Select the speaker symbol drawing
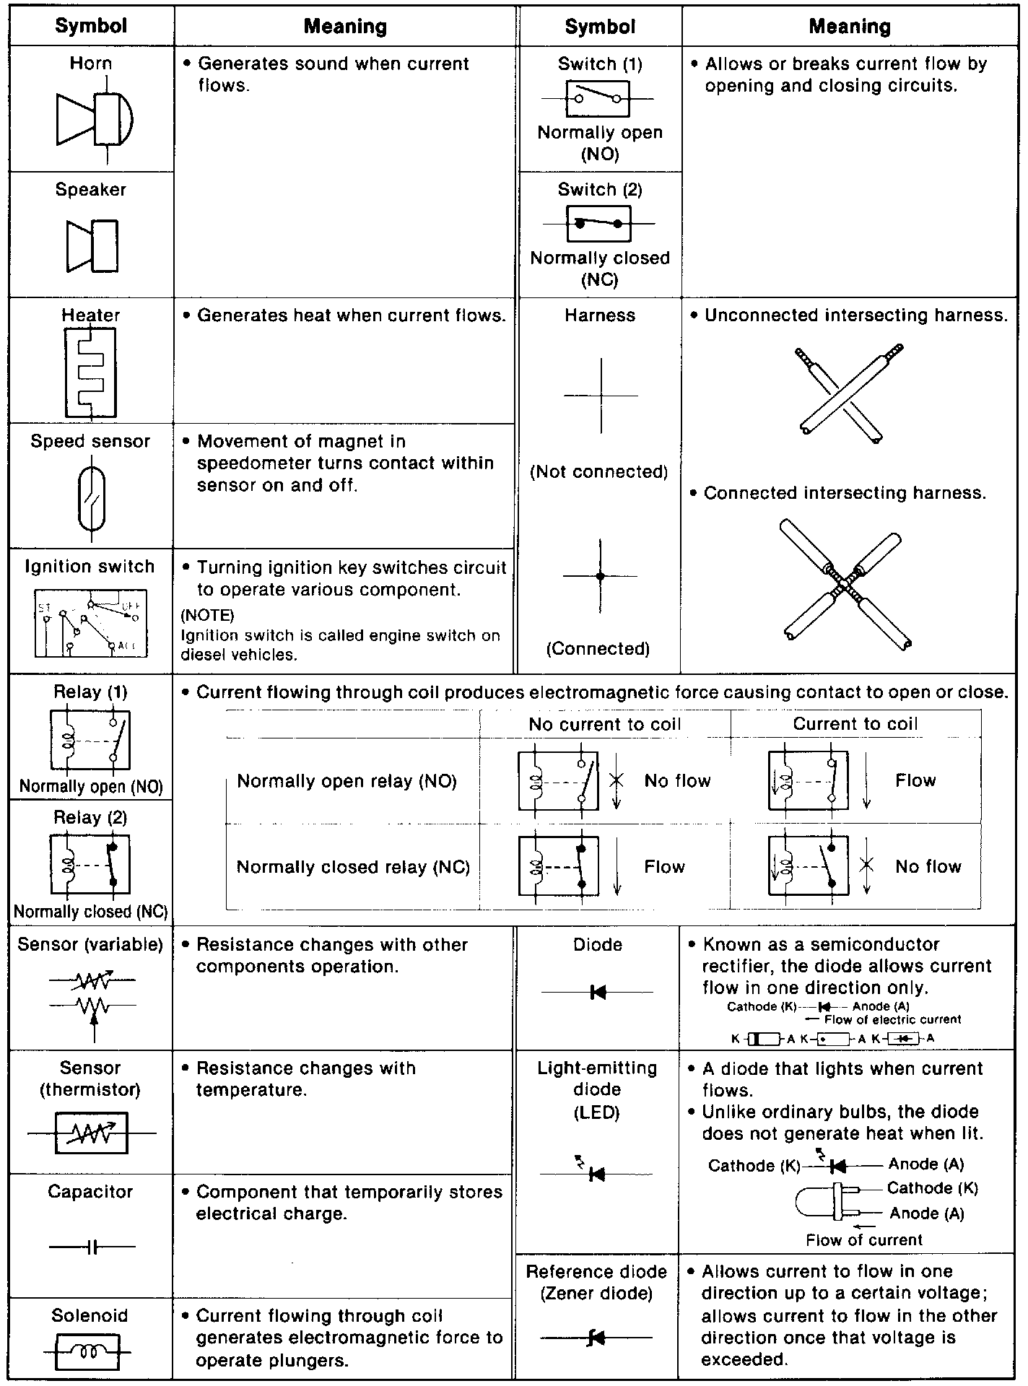pyautogui.click(x=92, y=245)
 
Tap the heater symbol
pyautogui.click(x=90, y=372)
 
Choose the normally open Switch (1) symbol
pyautogui.click(x=598, y=99)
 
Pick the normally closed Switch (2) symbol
pyautogui.click(x=598, y=224)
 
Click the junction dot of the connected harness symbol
pyautogui.click(x=600, y=576)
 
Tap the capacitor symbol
pyautogui.click(x=92, y=1247)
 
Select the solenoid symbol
pyautogui.click(x=91, y=1351)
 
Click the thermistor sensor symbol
pyautogui.click(x=92, y=1133)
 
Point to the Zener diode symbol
pyautogui.click(x=596, y=1338)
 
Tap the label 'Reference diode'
pyautogui.click(x=596, y=1271)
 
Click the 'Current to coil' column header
pyautogui.click(x=855, y=723)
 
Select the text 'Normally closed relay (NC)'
pyautogui.click(x=353, y=867)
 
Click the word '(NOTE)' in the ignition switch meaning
pyautogui.click(x=208, y=615)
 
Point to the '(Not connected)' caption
pyautogui.click(x=599, y=471)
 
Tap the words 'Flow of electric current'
pyautogui.click(x=892, y=1019)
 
